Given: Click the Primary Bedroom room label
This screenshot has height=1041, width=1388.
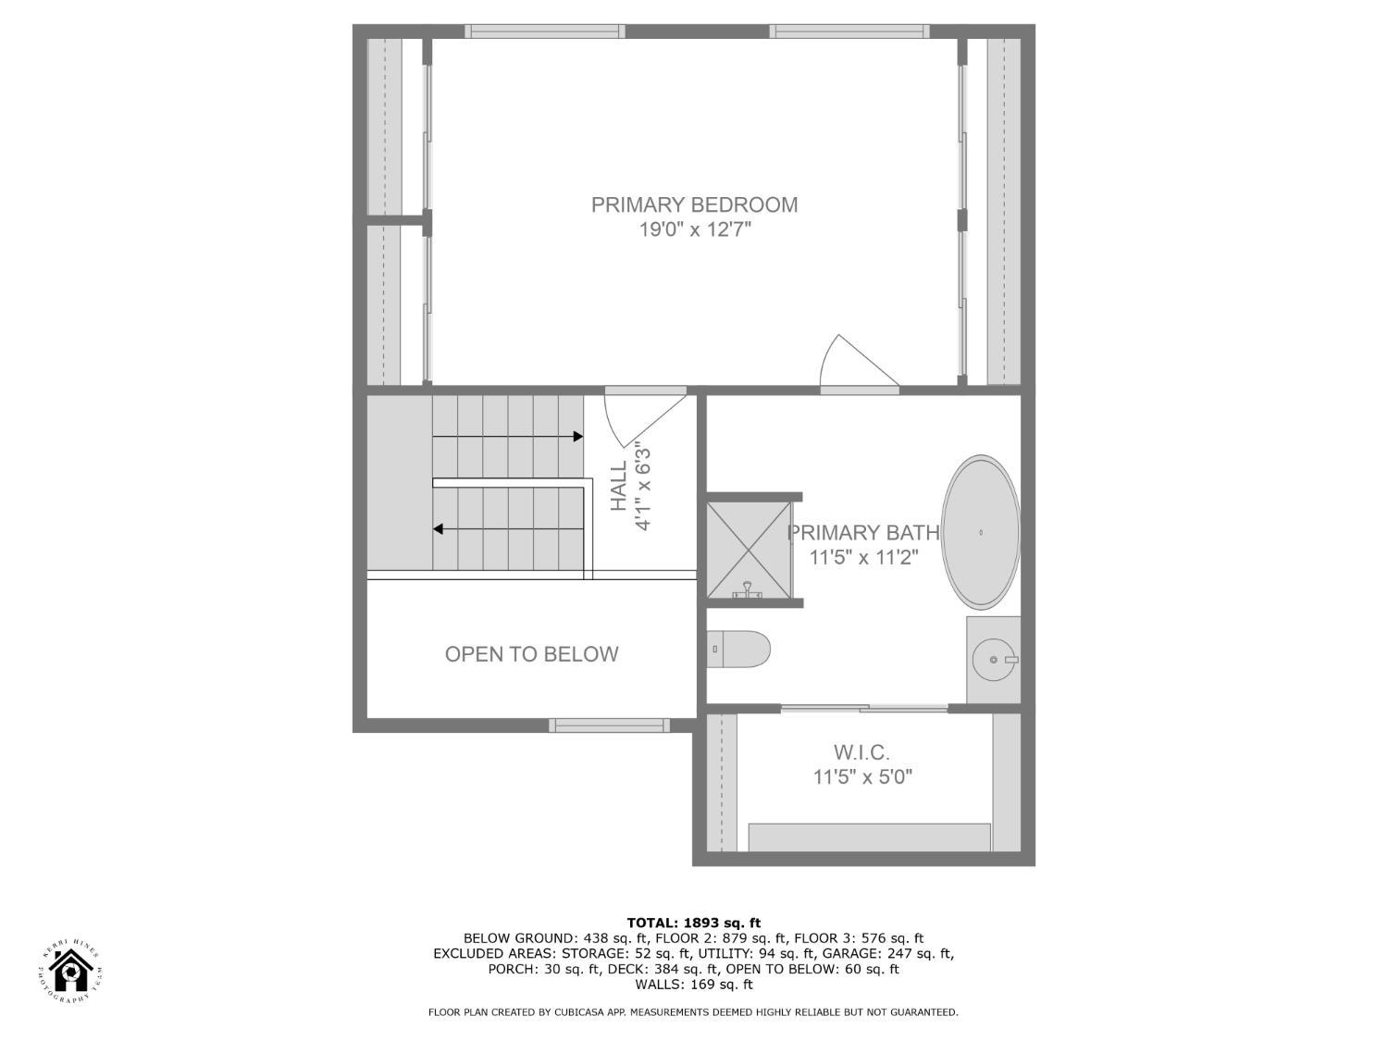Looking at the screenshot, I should tap(694, 204).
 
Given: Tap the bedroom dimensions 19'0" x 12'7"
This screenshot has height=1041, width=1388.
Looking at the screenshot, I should tap(694, 229).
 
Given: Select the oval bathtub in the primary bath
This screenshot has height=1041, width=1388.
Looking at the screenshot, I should tap(981, 532).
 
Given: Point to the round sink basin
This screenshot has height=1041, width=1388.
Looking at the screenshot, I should tap(994, 660).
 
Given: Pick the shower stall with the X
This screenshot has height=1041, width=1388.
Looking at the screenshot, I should tap(750, 550).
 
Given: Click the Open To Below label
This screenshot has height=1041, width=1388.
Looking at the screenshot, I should tap(531, 654).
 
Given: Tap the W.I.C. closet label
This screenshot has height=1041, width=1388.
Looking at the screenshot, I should tap(861, 752).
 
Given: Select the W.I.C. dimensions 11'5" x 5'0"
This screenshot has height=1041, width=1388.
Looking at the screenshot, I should tap(862, 777).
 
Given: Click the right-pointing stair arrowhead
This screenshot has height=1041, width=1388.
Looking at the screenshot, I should tap(577, 437).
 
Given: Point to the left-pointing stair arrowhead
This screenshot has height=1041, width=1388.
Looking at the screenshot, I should tap(439, 529).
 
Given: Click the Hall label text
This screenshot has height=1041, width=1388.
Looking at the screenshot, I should tap(619, 486).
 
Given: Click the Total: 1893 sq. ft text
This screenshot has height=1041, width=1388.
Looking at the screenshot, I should tap(693, 923).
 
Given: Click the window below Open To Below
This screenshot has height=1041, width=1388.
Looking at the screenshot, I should tap(609, 725).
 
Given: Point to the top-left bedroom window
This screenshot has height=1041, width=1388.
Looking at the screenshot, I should tap(544, 31).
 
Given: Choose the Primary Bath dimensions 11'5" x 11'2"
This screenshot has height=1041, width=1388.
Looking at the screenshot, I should tap(863, 558).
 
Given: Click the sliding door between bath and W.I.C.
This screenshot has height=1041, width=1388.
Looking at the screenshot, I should tap(864, 709).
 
